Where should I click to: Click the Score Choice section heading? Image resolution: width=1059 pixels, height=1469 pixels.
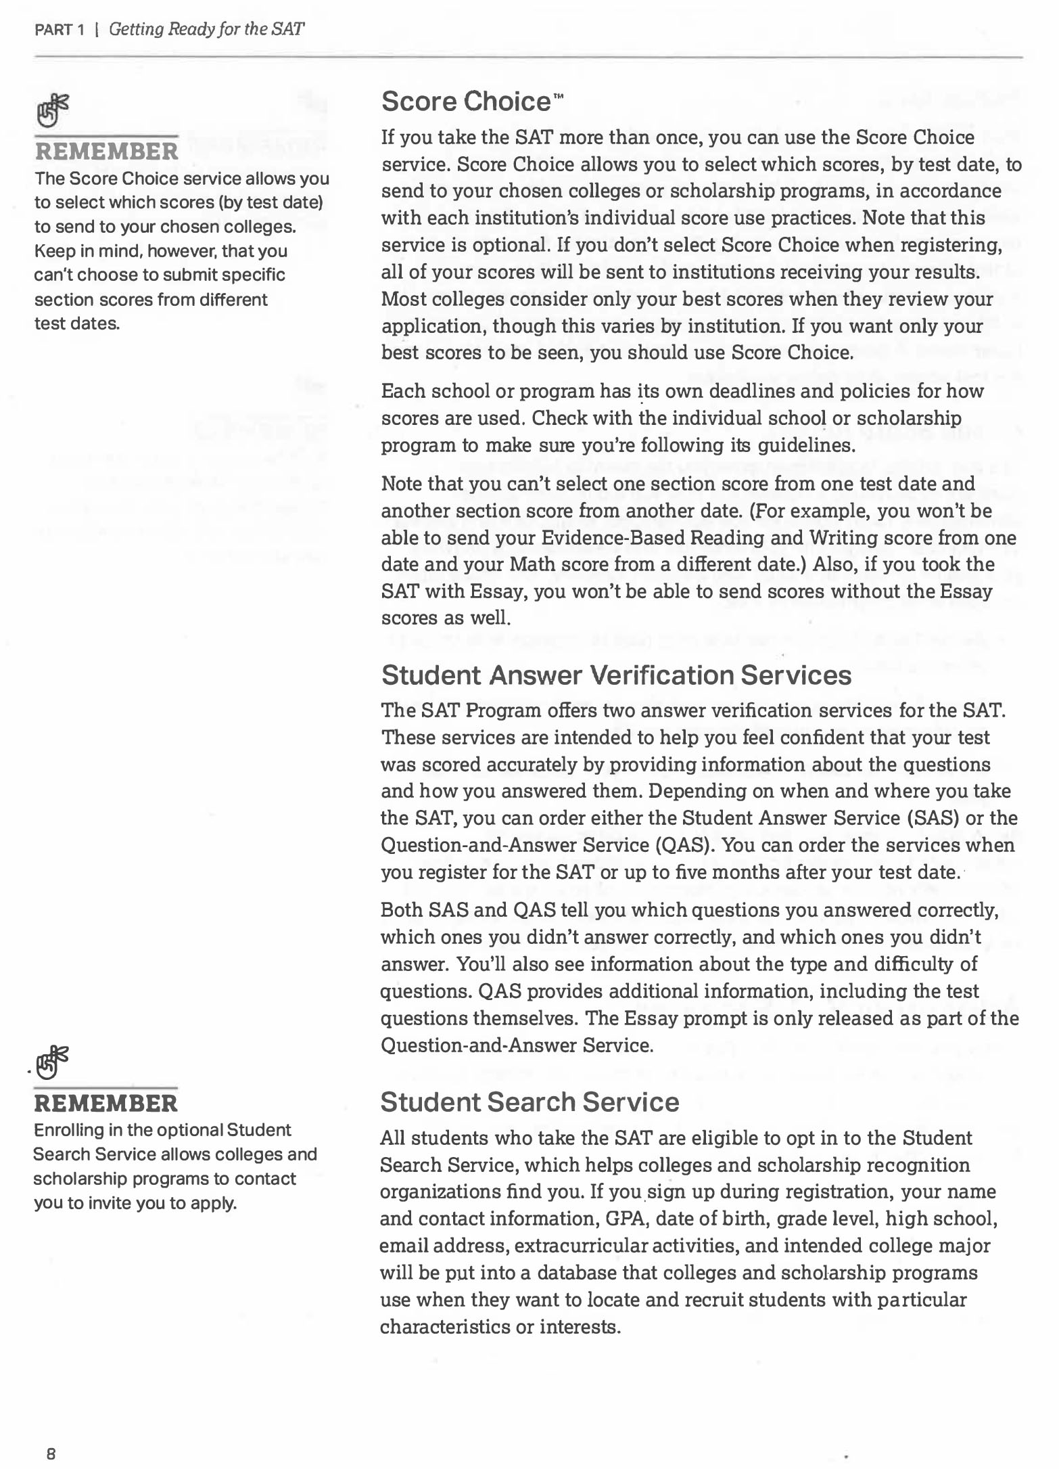[x=467, y=101]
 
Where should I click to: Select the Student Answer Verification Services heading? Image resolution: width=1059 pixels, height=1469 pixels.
[x=616, y=675]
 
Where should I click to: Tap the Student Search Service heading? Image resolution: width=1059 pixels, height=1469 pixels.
[x=529, y=1102]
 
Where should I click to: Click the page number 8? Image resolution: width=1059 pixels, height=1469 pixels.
[x=51, y=1452]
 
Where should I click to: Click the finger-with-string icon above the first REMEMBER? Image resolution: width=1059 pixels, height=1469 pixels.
[x=53, y=111]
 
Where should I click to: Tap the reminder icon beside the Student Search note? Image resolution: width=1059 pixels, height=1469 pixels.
[x=53, y=1062]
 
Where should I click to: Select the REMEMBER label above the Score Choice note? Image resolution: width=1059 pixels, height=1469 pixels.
[x=106, y=151]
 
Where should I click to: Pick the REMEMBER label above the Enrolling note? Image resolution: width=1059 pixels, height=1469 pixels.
[x=105, y=1104]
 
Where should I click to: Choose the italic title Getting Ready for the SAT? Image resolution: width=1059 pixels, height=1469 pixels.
[x=206, y=30]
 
